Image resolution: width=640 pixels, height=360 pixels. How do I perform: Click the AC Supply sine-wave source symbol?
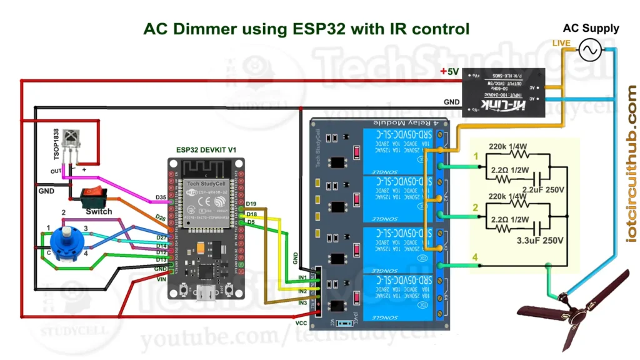(589, 50)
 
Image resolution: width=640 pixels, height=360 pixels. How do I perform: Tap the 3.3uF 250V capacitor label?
(540, 240)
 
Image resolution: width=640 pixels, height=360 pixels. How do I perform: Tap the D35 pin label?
(161, 198)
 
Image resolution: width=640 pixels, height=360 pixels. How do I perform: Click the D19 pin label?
(251, 204)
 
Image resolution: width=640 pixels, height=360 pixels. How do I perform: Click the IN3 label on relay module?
(302, 303)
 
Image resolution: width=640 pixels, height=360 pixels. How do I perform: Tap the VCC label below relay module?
(301, 323)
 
